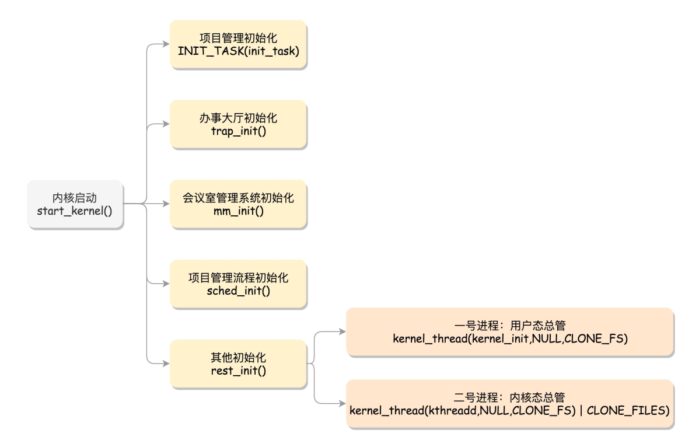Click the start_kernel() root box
[75, 204]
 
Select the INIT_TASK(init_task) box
[238, 45]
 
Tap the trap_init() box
[238, 124]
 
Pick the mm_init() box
[238, 204]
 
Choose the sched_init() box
[238, 284]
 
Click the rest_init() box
[238, 364]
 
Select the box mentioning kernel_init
[509, 332]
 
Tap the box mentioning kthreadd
[509, 404]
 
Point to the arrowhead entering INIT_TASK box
[166, 45]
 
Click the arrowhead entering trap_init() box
[166, 124]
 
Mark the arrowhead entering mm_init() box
[166, 204]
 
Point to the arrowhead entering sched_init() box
[166, 284]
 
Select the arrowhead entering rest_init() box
[166, 364]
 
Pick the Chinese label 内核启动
[75, 197]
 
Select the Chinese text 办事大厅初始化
[238, 118]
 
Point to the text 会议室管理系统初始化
[238, 197]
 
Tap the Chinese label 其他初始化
[238, 357]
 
